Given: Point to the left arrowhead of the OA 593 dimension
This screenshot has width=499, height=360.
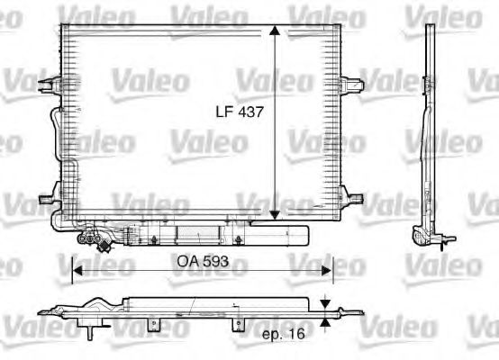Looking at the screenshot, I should pos(77,267).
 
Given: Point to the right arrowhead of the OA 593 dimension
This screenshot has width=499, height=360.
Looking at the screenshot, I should pos(329,267).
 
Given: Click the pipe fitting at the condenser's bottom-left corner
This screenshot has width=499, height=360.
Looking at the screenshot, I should pos(94,238).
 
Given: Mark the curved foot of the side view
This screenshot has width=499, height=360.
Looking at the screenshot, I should pos(420,236).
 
